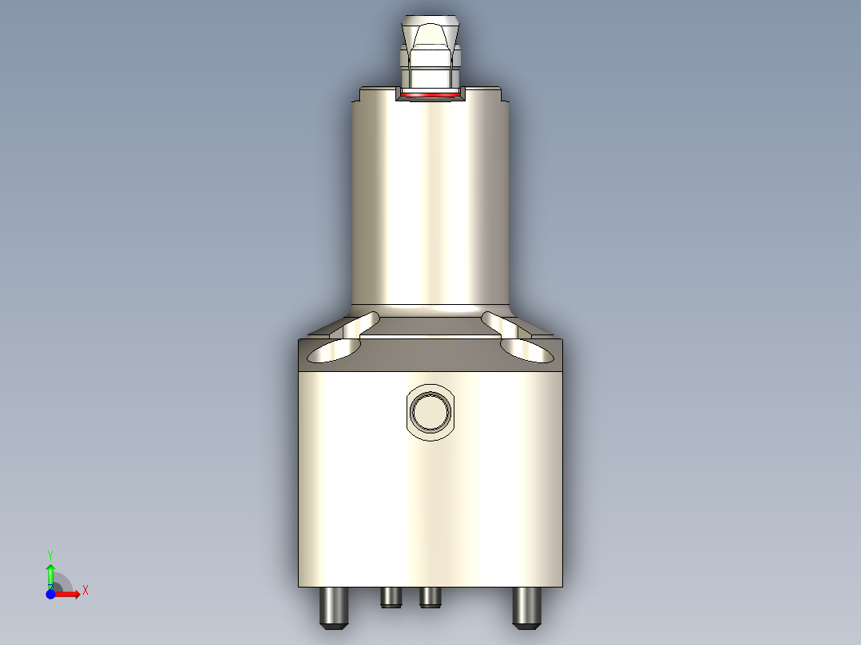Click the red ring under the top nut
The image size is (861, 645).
click(430, 95)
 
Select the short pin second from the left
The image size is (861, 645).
click(391, 596)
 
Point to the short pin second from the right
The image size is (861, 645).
click(430, 596)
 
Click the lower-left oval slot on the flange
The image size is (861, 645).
click(334, 350)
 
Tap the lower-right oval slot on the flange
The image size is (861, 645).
click(526, 350)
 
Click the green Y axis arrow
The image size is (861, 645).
click(50, 572)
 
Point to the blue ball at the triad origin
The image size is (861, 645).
click(51, 594)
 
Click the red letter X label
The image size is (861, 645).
click(85, 590)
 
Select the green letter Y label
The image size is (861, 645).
click(50, 553)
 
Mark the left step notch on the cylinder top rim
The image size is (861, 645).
click(358, 97)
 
